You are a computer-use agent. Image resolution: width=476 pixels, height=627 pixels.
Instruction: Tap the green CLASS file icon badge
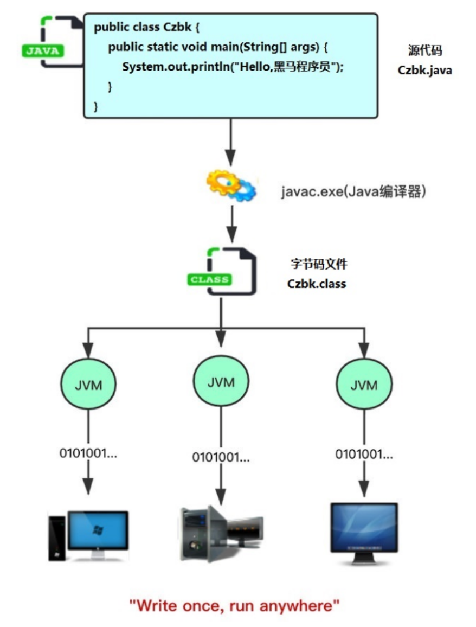[x=210, y=280]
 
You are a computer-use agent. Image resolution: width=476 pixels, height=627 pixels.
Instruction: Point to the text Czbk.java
[x=424, y=70]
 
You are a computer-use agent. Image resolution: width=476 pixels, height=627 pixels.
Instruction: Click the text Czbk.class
[x=317, y=284]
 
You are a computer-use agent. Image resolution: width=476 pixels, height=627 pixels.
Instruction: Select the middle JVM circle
[x=221, y=382]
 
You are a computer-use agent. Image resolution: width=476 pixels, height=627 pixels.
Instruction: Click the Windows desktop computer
[x=89, y=534]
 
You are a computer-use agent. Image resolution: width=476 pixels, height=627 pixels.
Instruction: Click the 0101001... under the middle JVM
[x=221, y=457]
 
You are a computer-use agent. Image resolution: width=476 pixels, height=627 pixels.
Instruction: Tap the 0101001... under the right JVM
[x=364, y=454]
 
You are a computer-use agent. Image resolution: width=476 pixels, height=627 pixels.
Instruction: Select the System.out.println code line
[x=233, y=67]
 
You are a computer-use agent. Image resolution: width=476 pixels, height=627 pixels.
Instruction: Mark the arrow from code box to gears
[x=231, y=142]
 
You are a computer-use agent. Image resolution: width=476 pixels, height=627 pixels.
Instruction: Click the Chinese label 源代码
[x=424, y=51]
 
